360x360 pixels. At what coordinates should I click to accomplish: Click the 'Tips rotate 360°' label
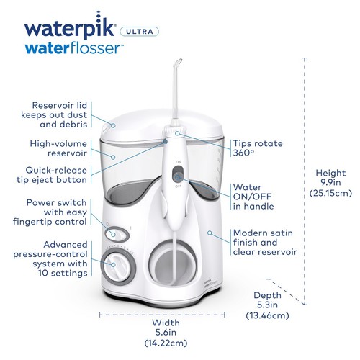(x=256, y=148)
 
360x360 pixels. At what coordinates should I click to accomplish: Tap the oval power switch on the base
(x=114, y=233)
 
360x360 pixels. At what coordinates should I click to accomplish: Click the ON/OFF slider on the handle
(x=177, y=176)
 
